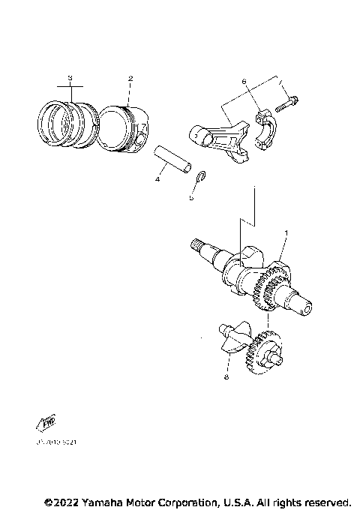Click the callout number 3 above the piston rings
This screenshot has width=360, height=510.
[70, 78]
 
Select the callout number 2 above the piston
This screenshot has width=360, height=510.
[130, 78]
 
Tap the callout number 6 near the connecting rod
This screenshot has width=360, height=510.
[244, 81]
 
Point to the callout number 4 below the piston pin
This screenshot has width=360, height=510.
[157, 179]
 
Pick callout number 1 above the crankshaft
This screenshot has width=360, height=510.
[285, 235]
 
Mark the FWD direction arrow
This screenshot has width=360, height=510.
[46, 424]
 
